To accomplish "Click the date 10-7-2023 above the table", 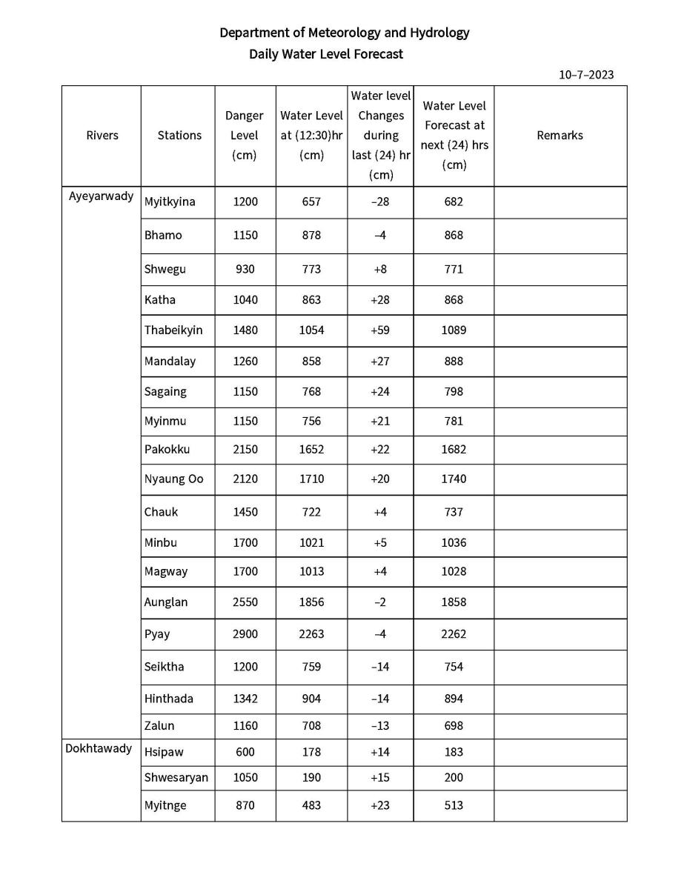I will [586, 75].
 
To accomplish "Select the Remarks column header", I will [560, 136].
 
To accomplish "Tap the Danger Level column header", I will [245, 135].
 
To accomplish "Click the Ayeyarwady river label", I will [102, 197].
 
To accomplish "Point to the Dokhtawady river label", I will [99, 748].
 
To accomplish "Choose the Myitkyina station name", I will [170, 202].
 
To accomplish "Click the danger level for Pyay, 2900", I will [245, 634].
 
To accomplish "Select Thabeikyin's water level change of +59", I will [380, 330].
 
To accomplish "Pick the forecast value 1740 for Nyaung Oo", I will [454, 479].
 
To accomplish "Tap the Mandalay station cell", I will [170, 362].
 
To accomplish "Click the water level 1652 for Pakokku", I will [311, 449].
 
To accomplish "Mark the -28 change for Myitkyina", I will [379, 202].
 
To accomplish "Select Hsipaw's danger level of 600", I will [245, 752].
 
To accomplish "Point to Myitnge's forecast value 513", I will [454, 805].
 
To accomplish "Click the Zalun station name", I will [159, 726].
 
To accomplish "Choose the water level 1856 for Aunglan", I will [311, 602].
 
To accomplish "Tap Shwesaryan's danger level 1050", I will [245, 778].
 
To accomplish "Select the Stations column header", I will [179, 136].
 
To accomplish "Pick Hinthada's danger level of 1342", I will [245, 699].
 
